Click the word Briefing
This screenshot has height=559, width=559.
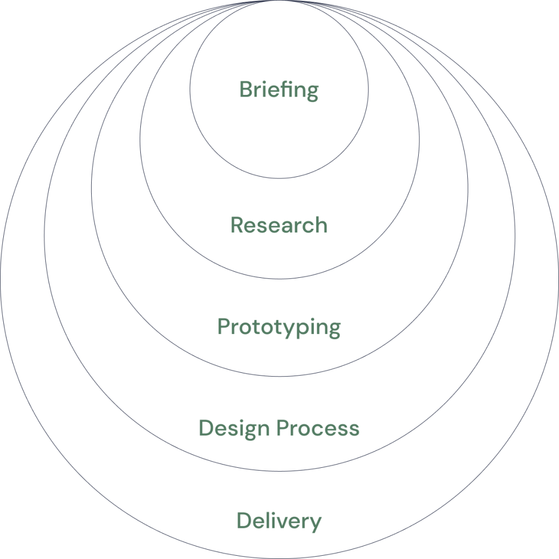tap(279, 90)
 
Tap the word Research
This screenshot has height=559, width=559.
tap(279, 225)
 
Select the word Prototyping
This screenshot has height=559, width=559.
tap(279, 328)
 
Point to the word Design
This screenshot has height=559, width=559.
tap(234, 429)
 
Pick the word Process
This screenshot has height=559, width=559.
tap(318, 428)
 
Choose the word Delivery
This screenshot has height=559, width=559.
tap(279, 521)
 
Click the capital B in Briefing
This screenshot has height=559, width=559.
tap(247, 89)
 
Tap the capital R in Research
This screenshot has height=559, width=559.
tap(238, 225)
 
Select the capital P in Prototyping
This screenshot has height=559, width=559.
tap(224, 326)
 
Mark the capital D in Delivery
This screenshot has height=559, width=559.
tap(245, 520)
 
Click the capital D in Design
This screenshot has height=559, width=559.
tap(207, 427)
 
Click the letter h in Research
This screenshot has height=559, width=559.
tap(321, 225)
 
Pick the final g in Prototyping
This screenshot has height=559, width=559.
tap(335, 330)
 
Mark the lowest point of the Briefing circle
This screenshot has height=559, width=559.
tap(279, 179)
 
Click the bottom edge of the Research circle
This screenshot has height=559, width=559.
tap(279, 279)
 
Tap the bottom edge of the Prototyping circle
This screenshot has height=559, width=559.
tap(279, 376)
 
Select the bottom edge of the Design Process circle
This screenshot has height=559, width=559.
tap(279, 471)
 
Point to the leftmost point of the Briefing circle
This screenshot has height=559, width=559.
tap(190, 89)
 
